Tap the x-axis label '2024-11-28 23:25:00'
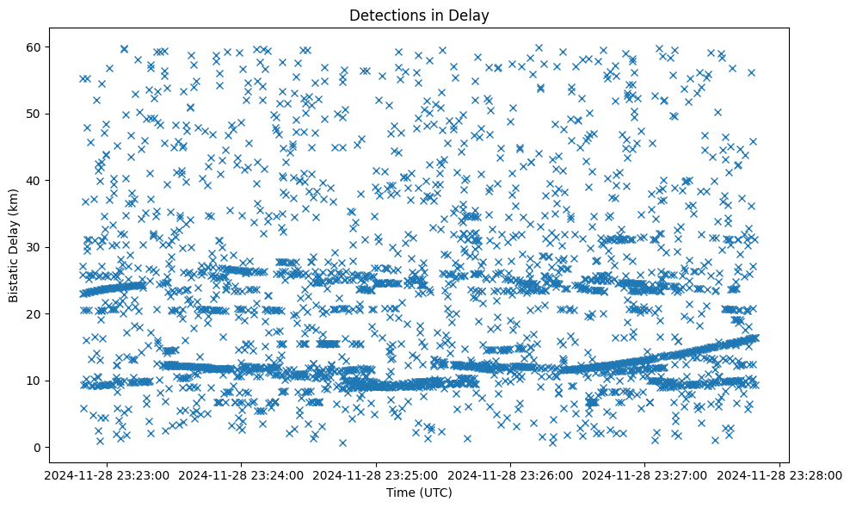tap(375, 474)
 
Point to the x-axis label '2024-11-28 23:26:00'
tap(510, 474)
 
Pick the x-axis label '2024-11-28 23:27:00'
tap(645, 474)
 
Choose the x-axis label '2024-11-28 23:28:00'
tap(780, 474)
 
